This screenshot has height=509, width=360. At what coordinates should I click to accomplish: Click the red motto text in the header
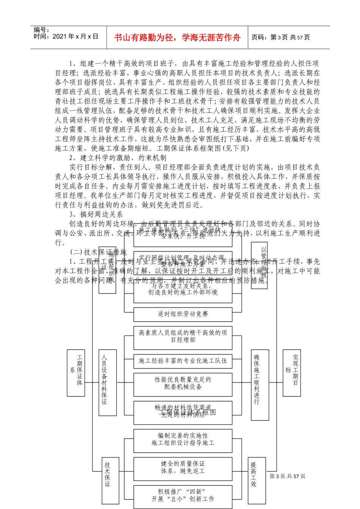(177, 37)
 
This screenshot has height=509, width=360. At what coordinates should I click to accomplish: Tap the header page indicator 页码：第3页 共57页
(281, 37)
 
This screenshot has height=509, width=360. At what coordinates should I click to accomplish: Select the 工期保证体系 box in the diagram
(76, 373)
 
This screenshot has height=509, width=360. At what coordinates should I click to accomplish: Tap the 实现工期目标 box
(292, 373)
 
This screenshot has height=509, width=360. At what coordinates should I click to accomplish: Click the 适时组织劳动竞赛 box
(183, 314)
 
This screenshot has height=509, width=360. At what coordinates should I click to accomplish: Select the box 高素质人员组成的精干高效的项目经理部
(183, 336)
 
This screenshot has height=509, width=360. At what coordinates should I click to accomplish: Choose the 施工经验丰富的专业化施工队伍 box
(183, 361)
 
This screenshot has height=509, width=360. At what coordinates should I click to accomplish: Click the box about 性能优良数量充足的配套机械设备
(183, 383)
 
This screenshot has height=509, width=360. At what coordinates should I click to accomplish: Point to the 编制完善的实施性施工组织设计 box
(183, 439)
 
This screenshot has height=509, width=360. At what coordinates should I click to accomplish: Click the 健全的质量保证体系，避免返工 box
(183, 467)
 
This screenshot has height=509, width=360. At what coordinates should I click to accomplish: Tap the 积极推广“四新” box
(183, 495)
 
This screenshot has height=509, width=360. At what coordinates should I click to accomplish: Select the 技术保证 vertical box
(108, 473)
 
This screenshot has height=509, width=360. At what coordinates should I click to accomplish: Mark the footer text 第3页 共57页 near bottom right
(287, 476)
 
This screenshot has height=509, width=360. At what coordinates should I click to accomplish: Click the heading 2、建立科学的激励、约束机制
(118, 158)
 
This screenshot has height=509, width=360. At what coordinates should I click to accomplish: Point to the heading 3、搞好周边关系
(96, 214)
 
